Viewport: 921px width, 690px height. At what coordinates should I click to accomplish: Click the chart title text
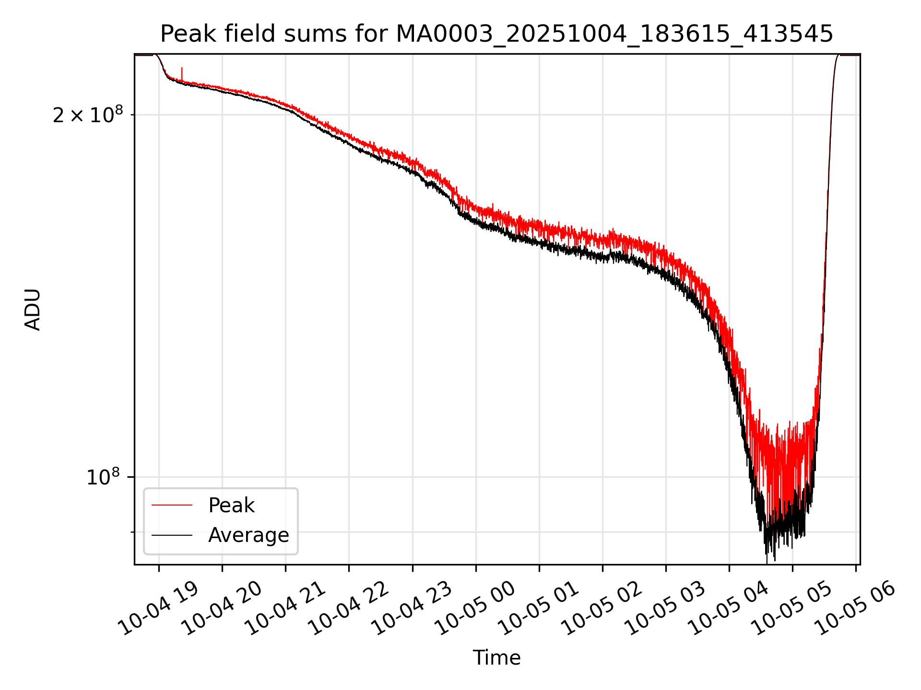point(496,34)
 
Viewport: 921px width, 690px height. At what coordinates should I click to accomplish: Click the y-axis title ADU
point(33,310)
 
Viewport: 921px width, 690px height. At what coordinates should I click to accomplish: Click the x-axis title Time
point(496,657)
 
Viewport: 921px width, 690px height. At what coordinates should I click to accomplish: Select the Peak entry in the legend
point(231,506)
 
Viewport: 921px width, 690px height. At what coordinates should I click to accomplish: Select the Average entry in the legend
point(248,535)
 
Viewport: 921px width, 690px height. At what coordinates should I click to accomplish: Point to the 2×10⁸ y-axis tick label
point(87,115)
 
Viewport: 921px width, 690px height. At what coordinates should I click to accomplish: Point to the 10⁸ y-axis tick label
point(103,477)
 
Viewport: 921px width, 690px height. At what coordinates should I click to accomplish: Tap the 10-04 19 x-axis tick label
point(160,609)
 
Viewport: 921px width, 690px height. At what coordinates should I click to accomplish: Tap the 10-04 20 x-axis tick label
point(224,609)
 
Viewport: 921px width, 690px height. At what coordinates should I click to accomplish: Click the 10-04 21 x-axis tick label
point(287,609)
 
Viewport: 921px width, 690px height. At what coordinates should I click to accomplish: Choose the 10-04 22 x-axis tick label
point(350,609)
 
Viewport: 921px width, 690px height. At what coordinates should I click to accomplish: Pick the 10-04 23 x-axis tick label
point(413,609)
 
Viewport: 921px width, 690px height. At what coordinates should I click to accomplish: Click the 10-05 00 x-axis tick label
point(477,609)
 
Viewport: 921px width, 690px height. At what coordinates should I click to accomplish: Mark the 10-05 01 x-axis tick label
point(540,609)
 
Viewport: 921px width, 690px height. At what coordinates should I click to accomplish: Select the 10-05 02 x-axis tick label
point(603,609)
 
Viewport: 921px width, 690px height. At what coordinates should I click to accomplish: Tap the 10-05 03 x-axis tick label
point(667,609)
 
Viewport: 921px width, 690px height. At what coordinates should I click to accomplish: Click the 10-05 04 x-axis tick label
point(730,609)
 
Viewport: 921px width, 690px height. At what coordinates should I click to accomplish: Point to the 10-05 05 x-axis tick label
point(793,609)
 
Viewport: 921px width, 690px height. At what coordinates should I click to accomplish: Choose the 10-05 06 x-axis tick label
point(857,609)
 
